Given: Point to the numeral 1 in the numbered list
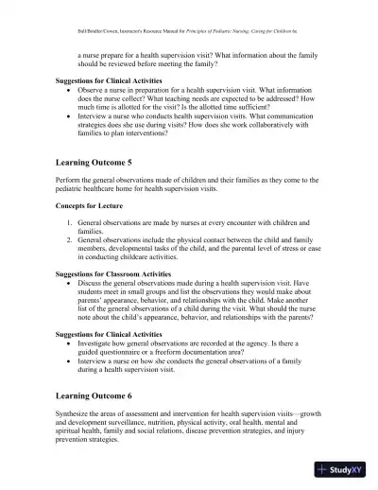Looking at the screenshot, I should [x=70, y=220].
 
